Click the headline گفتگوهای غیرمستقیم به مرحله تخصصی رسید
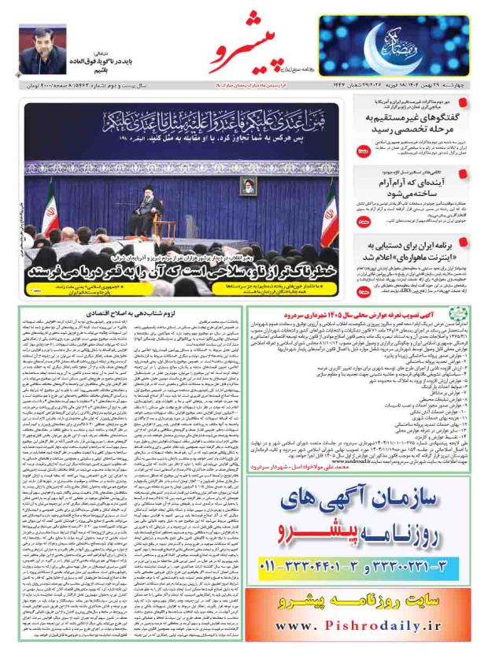[417, 123]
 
